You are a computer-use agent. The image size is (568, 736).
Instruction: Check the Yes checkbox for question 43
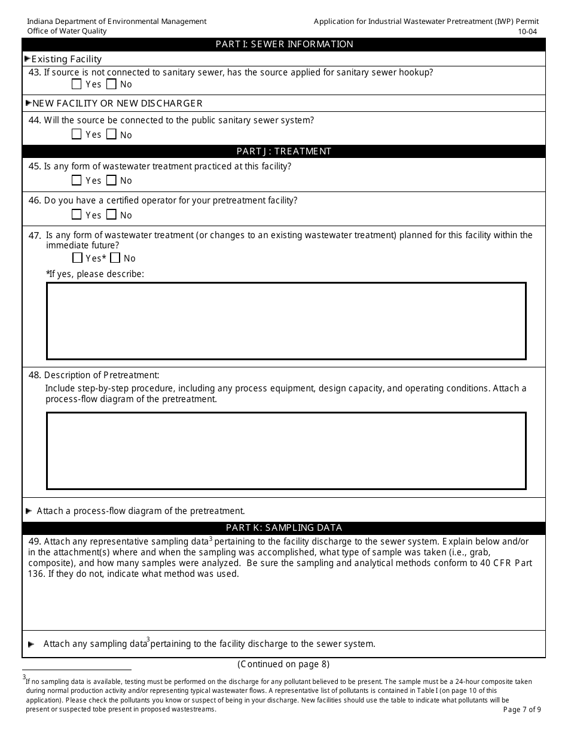tap(77, 84)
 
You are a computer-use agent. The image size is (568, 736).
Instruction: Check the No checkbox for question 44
tap(111, 135)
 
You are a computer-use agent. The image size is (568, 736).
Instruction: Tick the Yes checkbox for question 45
tap(77, 180)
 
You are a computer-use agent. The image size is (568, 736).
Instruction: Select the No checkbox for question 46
tap(111, 215)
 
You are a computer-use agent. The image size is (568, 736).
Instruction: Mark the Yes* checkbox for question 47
tap(77, 258)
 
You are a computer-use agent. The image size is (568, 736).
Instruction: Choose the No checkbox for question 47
tap(115, 258)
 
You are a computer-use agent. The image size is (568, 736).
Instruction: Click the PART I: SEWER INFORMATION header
tap(284, 44)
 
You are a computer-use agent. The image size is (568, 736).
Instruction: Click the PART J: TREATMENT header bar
tap(284, 151)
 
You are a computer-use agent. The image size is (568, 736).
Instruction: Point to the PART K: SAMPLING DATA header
tap(284, 528)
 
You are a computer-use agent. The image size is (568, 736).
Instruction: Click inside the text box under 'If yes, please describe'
tap(286, 321)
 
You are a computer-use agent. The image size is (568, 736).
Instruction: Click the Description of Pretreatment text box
tap(286, 451)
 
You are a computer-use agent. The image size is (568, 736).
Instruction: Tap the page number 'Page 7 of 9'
tap(522, 710)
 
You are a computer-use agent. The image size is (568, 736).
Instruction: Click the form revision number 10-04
tap(528, 31)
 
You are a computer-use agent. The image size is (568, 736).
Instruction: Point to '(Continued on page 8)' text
tap(283, 664)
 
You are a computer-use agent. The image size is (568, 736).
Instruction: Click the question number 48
tap(35, 375)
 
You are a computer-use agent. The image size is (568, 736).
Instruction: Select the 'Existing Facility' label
tap(66, 59)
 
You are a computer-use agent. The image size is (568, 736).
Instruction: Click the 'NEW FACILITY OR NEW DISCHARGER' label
tap(117, 104)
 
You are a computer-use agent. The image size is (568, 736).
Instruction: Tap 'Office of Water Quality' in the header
tap(67, 31)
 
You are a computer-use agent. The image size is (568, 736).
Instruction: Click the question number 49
tap(35, 542)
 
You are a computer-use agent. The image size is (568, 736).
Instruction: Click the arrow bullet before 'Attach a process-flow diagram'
tap(29, 511)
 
